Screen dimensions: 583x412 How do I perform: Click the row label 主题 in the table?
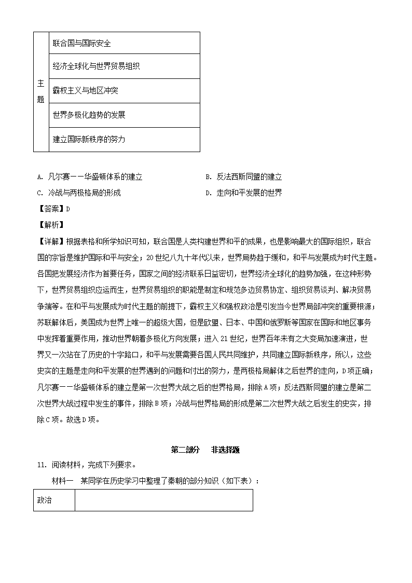(x=41, y=91)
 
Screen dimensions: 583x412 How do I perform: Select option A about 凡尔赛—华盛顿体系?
(x=90, y=177)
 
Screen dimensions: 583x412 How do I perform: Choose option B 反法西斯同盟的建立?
(x=243, y=177)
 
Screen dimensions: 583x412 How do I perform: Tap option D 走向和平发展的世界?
(x=243, y=193)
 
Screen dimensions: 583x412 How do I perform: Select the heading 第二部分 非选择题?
(x=205, y=450)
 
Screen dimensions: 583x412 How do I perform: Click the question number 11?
(x=40, y=465)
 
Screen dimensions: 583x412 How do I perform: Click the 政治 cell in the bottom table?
(x=45, y=500)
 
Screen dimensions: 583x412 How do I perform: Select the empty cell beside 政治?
(x=163, y=500)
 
